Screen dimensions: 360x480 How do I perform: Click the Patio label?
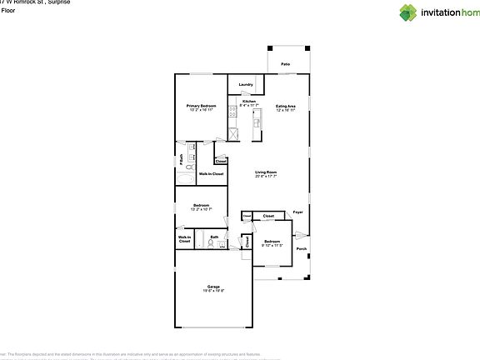point(285,63)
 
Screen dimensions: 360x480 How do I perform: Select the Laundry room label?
point(246,84)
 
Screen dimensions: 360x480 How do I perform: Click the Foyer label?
point(297,212)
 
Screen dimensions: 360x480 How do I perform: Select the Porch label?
point(302,248)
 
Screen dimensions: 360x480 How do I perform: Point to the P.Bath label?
point(182,162)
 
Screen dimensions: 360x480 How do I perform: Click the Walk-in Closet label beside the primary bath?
point(211,174)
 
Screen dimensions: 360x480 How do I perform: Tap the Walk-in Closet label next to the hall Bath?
point(184,240)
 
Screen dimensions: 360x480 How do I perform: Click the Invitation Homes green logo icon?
point(386,12)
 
